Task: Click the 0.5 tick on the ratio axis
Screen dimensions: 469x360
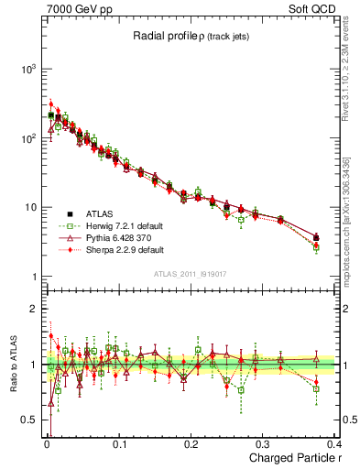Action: (x=27, y=420)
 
